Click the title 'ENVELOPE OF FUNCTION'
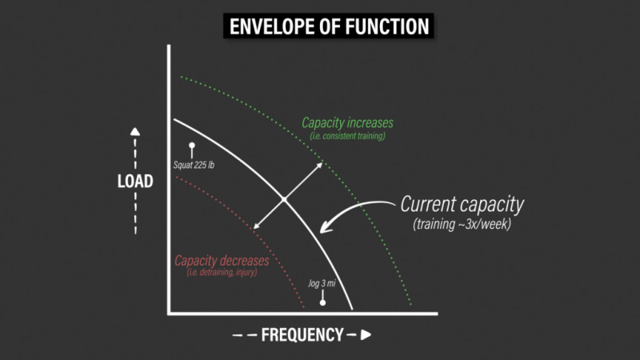tap(329, 26)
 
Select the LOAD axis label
tap(135, 182)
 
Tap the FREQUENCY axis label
tap(302, 334)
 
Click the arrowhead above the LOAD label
tap(135, 132)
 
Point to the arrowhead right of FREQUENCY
tap(366, 334)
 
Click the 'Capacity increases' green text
tap(347, 122)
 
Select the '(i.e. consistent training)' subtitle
tap(347, 136)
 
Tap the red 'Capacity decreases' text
tap(222, 261)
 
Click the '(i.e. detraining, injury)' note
tap(222, 272)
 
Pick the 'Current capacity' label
tap(462, 204)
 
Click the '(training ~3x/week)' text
tap(462, 224)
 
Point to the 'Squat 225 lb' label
tap(194, 165)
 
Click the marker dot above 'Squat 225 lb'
tap(192, 146)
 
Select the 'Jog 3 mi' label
tap(322, 283)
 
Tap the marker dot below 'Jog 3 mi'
tap(322, 303)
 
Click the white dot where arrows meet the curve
tap(284, 199)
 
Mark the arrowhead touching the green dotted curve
tap(318, 166)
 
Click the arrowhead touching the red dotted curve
tap(257, 226)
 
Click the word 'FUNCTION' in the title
tap(387, 26)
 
